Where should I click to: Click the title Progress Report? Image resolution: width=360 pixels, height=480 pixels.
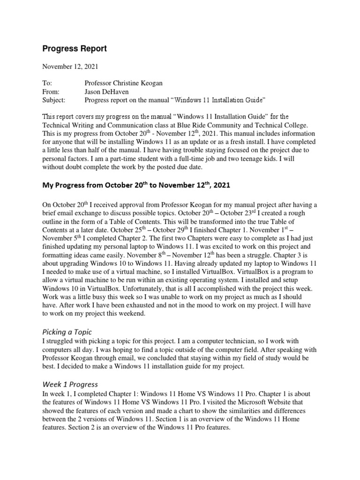click(x=75, y=48)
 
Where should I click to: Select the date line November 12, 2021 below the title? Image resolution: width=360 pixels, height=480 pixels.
click(x=71, y=67)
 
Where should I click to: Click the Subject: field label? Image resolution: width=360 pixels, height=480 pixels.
click(x=54, y=100)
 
